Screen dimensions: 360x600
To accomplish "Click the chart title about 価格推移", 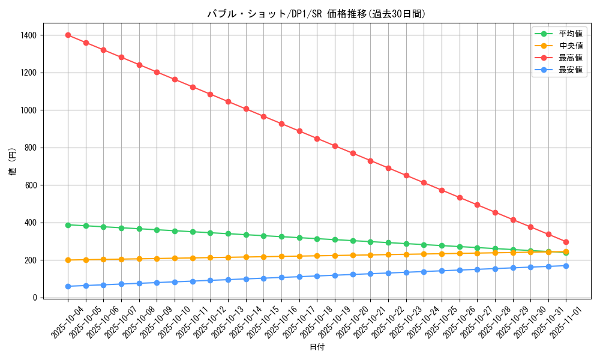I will [317, 14].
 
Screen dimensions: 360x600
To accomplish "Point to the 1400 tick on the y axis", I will [28, 35].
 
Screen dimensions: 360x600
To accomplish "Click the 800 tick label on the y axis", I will [31, 148].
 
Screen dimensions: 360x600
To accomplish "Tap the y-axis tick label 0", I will [35, 298].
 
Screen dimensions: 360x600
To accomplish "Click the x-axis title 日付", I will [317, 347].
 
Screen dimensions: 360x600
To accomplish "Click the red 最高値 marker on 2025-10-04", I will [68, 35].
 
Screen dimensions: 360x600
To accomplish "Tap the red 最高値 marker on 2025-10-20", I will [353, 153].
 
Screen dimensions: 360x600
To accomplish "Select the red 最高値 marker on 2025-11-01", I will [566, 242].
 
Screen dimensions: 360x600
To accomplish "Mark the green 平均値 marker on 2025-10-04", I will [68, 225].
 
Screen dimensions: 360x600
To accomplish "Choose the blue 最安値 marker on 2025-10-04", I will [68, 286].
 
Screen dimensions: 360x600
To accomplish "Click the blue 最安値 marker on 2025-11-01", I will [566, 266].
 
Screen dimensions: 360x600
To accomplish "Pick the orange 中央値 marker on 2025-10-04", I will [68, 260].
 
